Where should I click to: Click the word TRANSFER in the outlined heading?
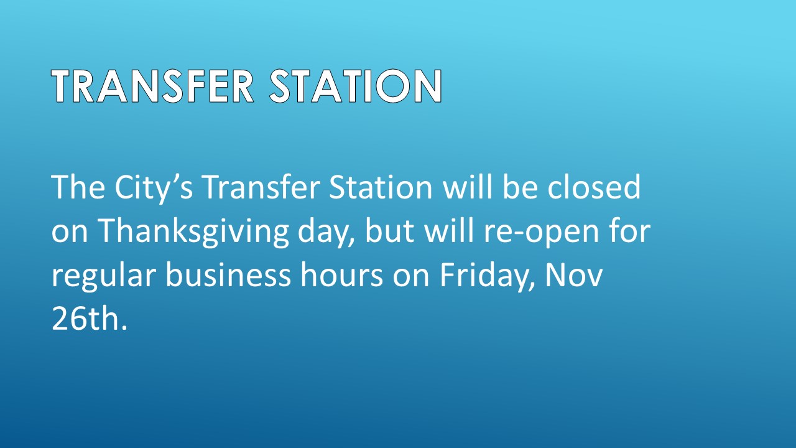153,86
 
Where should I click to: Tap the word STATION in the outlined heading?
356,86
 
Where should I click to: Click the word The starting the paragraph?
78,187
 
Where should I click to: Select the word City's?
154,189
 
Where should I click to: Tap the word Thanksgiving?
193,233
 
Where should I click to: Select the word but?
389,230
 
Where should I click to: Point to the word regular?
104,277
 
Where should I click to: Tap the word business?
228,274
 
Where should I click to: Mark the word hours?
342,274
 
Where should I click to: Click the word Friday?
488,277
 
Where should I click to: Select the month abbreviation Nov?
574,274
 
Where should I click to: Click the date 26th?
90,318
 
